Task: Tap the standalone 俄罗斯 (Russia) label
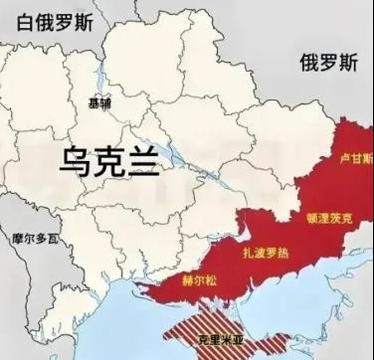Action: (x=328, y=63)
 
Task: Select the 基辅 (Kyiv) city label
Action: (x=100, y=102)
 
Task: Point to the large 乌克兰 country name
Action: (x=108, y=159)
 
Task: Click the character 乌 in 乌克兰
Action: (x=79, y=159)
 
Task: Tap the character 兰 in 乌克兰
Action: (x=140, y=159)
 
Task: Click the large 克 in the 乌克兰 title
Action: (x=109, y=159)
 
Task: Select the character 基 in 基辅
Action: (x=94, y=102)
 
